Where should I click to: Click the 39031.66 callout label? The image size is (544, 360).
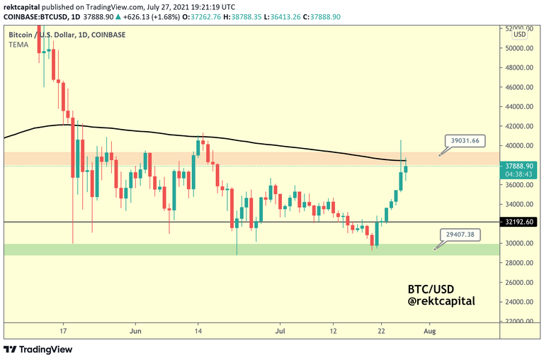pyautogui.click(x=465, y=140)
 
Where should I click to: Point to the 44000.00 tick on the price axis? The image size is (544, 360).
pyautogui.click(x=519, y=106)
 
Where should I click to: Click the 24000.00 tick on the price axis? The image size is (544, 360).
pyautogui.click(x=519, y=301)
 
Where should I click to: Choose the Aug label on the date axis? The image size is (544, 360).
pyautogui.click(x=430, y=331)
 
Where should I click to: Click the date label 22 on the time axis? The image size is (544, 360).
pyautogui.click(x=382, y=331)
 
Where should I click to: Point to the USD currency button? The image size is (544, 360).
pyautogui.click(x=518, y=33)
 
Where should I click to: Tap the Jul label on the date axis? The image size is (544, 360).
pyautogui.click(x=281, y=331)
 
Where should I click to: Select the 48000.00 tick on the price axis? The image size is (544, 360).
pyautogui.click(x=519, y=67)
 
